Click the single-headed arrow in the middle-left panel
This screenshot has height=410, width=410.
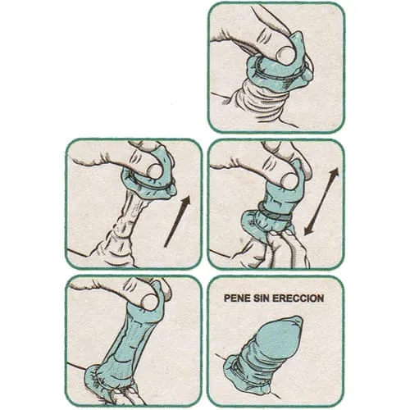tap(177, 221)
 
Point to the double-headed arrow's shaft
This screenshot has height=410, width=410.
tap(321, 201)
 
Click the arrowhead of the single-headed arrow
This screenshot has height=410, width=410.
tap(186, 201)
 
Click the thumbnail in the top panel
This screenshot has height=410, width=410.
tap(285, 54)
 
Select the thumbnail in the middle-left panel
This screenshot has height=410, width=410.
tap(154, 171)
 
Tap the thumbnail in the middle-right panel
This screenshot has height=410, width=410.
tap(290, 180)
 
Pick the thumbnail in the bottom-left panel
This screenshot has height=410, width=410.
tap(150, 301)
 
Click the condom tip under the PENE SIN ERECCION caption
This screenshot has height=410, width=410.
tap(297, 322)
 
